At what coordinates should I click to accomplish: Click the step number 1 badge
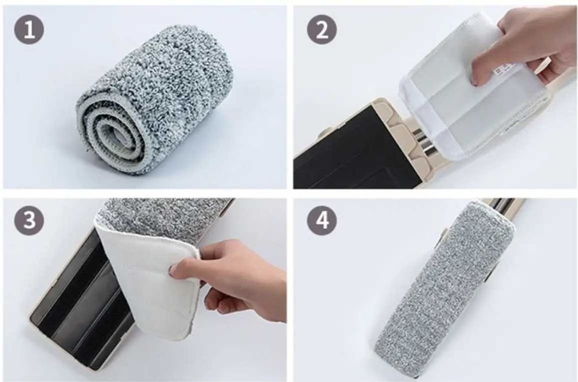point(29,30)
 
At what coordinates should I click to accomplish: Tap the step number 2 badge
point(322,30)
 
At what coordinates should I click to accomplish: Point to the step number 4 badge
point(322,221)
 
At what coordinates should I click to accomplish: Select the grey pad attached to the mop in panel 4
point(442,284)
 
